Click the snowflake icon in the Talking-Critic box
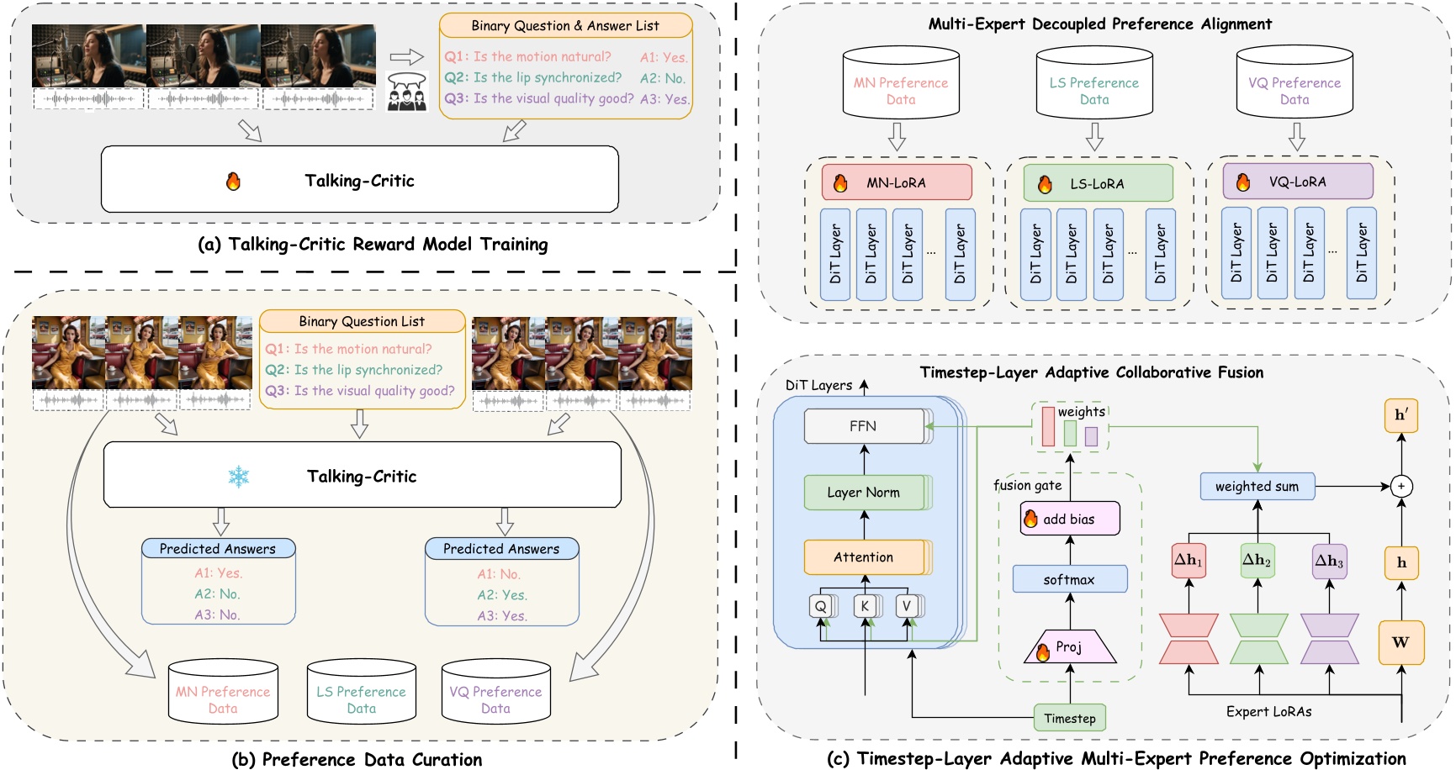pos(239,477)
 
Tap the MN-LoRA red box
pos(897,182)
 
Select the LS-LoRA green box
pos(1098,183)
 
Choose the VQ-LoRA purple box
pos(1298,182)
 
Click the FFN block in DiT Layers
pos(864,426)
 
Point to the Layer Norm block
pos(864,493)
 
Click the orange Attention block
pos(864,557)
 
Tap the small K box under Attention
pos(865,606)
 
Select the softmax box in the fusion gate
pos(1069,579)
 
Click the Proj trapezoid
pos(1069,646)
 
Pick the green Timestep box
pos(1069,718)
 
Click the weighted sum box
pos(1257,486)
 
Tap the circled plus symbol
pos(1401,486)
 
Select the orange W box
pos(1400,642)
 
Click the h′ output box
pos(1401,415)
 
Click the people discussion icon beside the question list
pos(406,92)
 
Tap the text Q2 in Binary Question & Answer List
pos(456,77)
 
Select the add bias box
pos(1069,519)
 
